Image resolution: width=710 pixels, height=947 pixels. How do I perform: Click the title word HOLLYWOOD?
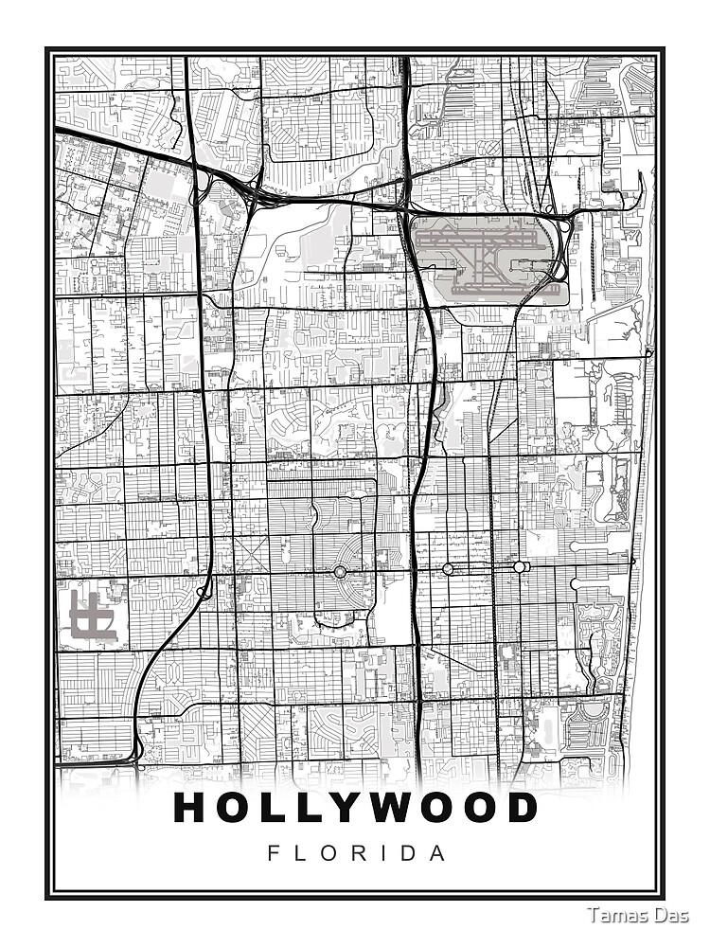coord(356,808)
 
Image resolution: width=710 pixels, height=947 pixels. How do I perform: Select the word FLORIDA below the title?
coord(356,853)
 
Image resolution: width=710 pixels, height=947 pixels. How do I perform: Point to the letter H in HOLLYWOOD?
coord(192,808)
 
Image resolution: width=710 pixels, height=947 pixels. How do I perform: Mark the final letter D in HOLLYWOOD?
coord(520,808)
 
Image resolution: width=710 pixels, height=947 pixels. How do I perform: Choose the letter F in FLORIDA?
coord(275,853)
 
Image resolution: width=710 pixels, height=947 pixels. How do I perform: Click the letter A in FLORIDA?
coord(437,853)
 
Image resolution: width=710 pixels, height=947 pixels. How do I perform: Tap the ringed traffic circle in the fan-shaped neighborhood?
coord(340,571)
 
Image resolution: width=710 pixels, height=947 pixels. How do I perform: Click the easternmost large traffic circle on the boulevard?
coord(520,566)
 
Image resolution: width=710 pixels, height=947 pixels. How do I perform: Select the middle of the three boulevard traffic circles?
coord(447,568)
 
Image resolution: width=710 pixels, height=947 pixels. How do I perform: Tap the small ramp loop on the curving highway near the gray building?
coord(203,593)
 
